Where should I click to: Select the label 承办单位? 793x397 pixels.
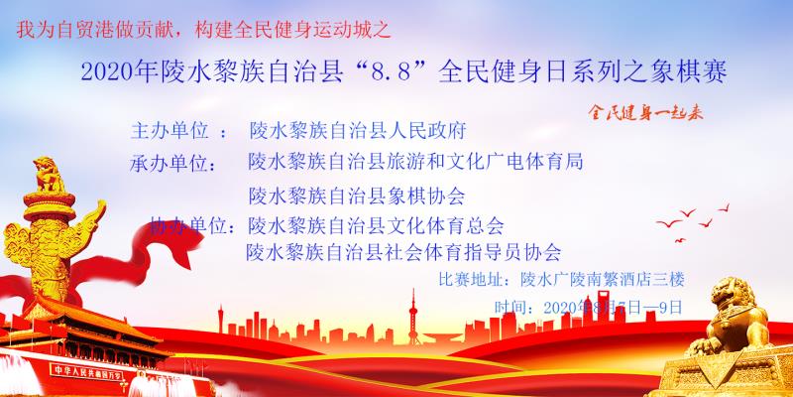click(x=176, y=162)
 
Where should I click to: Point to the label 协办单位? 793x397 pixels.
click(x=194, y=224)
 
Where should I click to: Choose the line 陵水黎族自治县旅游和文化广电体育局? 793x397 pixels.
click(x=414, y=161)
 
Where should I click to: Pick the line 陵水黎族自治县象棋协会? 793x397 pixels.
click(x=357, y=194)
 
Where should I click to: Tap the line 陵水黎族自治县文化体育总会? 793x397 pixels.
click(x=377, y=224)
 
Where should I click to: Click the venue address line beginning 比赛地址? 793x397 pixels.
click(x=561, y=280)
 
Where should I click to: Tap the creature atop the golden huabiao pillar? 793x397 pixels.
click(x=50, y=177)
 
